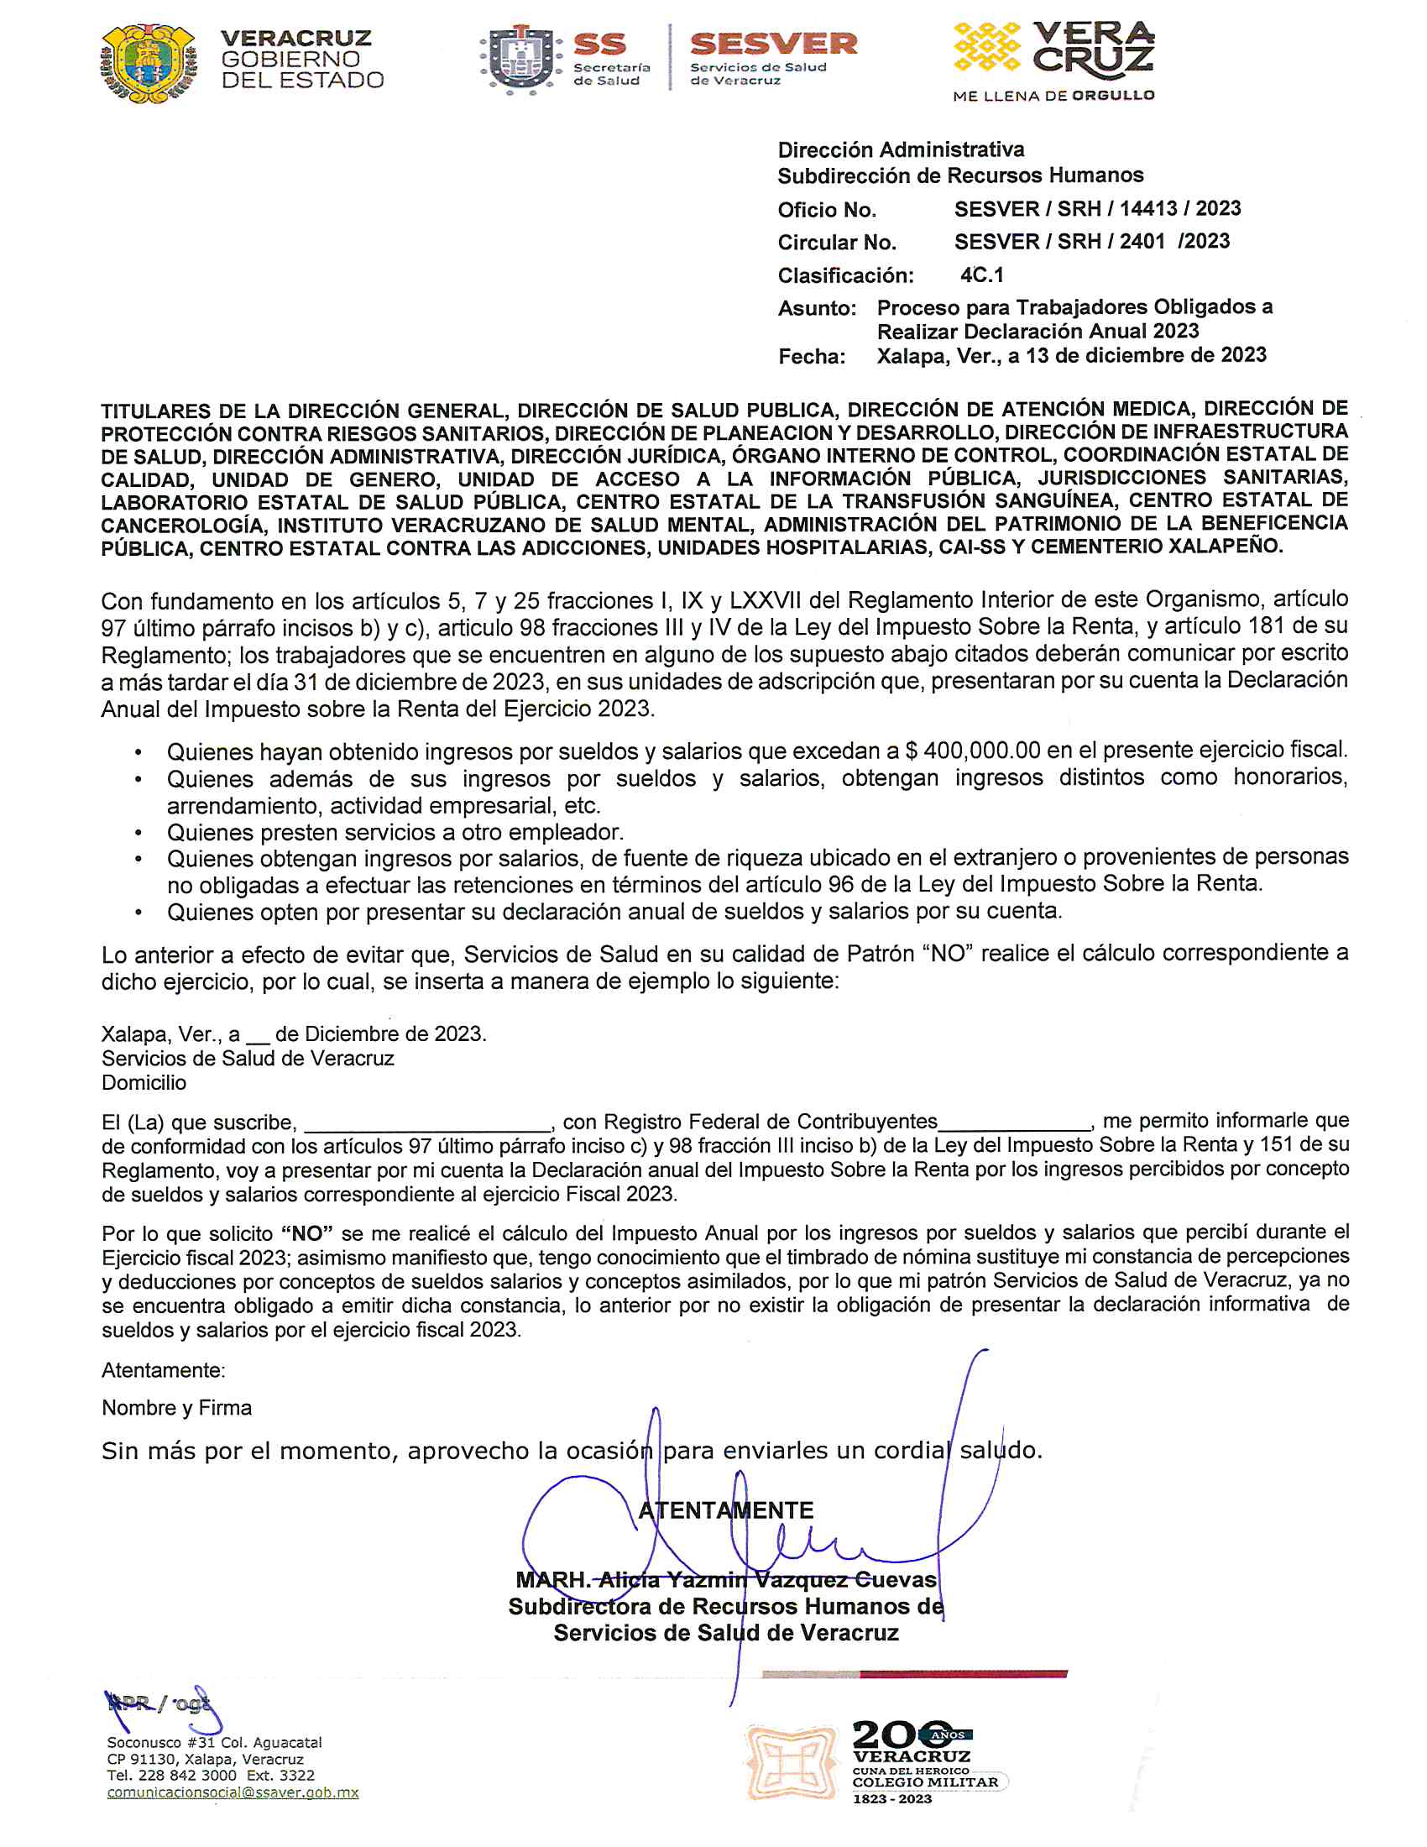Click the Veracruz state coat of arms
[149, 64]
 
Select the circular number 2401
[1142, 242]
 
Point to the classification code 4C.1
[981, 275]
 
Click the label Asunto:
[817, 309]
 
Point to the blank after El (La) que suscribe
[427, 1122]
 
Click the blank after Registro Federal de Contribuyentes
[1014, 1122]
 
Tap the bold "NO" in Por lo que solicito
[306, 1233]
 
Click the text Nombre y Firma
[176, 1407]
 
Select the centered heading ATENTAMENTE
[725, 1510]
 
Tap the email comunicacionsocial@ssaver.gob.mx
[233, 1792]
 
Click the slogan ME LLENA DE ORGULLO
[1053, 97]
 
